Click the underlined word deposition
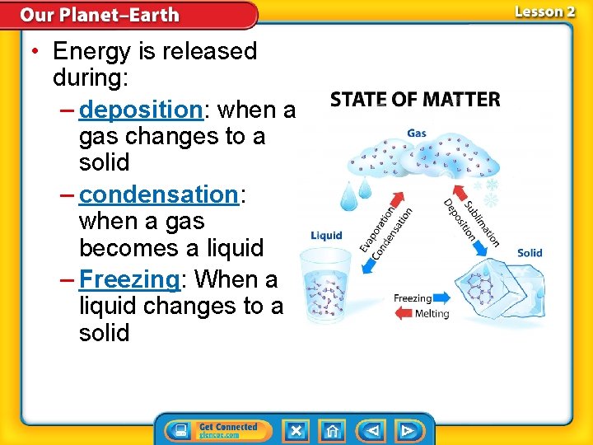pos(142,110)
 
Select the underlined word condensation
pos(158,194)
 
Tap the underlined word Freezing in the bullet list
pos(129,280)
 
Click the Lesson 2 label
pos(544,12)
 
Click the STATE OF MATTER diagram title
pos(415,100)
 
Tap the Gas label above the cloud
pos(417,133)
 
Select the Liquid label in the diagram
pos(326,236)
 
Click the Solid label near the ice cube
pos(530,252)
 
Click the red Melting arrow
pos(404,313)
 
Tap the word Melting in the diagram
pos(432,314)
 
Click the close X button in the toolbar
pos(296,430)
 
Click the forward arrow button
pos(408,430)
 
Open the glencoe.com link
pos(219,434)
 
